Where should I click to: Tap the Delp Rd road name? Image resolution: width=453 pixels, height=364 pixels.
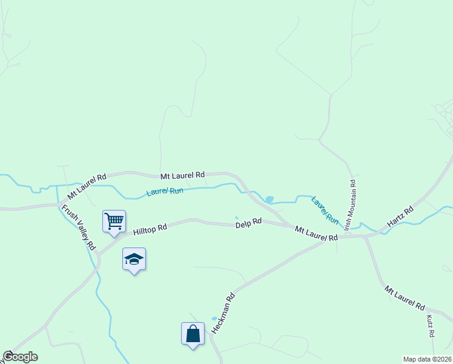coord(248,223)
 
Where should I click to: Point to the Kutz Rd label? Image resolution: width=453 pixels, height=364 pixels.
coord(430,326)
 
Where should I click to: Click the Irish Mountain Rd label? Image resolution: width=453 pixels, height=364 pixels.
coord(351,204)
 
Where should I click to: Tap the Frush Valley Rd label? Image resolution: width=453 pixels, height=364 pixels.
coord(78,227)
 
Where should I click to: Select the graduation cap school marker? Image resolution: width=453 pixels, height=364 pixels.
coord(134,259)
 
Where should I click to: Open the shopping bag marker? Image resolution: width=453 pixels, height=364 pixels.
coord(193,333)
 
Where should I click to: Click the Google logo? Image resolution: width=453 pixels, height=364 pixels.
coord(20,357)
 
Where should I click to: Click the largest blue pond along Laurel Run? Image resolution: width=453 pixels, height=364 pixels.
coord(269,199)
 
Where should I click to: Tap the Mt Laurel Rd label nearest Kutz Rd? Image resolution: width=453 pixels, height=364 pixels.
coord(405,298)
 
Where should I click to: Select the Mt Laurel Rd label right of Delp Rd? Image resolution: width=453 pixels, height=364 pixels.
coord(316,234)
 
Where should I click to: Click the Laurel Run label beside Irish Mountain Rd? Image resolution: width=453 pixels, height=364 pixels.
coord(325,209)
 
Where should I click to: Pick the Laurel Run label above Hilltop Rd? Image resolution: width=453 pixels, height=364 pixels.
coord(165,192)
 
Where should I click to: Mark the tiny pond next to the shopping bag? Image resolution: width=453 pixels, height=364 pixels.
coord(214,318)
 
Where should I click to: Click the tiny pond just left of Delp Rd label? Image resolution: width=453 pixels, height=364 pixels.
coord(237,218)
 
